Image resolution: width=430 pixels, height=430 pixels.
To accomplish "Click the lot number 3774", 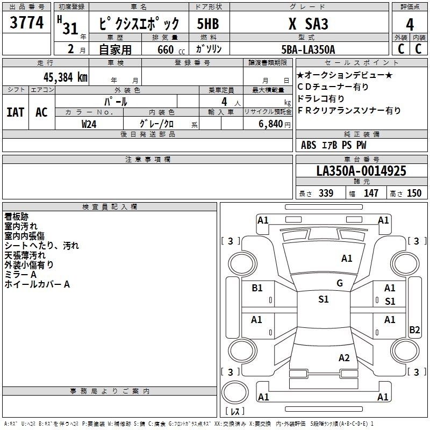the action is pyautogui.click(x=26, y=23).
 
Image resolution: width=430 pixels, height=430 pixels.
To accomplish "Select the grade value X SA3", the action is pyautogui.click(x=309, y=24).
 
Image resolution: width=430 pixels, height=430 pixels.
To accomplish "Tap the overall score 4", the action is pyautogui.click(x=410, y=25).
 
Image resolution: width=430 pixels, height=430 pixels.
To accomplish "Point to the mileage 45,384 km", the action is pyautogui.click(x=66, y=77).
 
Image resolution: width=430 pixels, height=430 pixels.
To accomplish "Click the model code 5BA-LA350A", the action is pyautogui.click(x=308, y=49).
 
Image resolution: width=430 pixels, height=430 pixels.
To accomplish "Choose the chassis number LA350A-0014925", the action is pyautogui.click(x=361, y=171).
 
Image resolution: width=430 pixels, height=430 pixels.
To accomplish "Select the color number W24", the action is pyautogui.click(x=89, y=124).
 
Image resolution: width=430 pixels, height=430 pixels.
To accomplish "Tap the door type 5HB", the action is pyautogui.click(x=208, y=24).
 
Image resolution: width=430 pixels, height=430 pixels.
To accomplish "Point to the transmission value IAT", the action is pyautogui.click(x=16, y=112).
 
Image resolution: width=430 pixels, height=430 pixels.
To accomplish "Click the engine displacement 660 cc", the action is pyautogui.click(x=171, y=49).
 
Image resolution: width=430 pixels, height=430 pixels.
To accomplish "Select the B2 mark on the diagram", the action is pyautogui.click(x=414, y=329).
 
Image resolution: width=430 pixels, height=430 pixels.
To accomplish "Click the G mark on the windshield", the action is pyautogui.click(x=340, y=283).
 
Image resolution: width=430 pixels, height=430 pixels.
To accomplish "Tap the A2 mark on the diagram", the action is pyautogui.click(x=344, y=358).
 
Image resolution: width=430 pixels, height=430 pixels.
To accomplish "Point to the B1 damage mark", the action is pyautogui.click(x=257, y=288).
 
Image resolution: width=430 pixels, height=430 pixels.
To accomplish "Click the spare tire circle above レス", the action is pyautogui.click(x=235, y=392).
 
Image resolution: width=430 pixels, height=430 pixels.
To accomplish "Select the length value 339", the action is pyautogui.click(x=326, y=193).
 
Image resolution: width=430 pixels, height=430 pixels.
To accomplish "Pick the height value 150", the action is pyautogui.click(x=414, y=193).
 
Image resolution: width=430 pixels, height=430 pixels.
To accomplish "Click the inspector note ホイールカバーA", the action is pyautogui.click(x=37, y=284).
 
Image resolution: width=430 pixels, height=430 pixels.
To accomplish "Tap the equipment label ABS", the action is pyautogui.click(x=309, y=145).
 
